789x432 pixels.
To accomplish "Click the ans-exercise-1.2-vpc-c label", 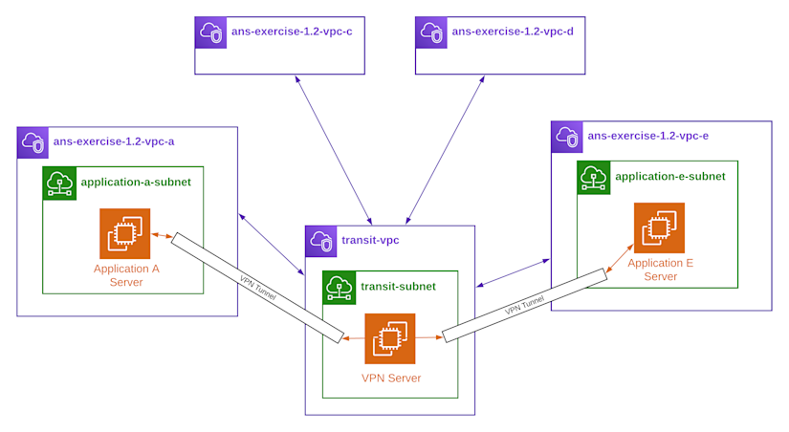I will pos(292,32).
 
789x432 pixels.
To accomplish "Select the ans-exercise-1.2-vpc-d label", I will pos(513,32).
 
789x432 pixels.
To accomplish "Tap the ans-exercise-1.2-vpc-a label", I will pos(114,141).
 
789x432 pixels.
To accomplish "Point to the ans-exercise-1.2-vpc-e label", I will pos(648,136).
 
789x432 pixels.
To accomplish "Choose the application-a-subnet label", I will pos(136,182).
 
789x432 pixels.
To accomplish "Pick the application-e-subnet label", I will pos(670,176).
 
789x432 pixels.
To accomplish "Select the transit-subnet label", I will pos(398,286).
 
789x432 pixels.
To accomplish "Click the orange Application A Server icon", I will pos(125,233).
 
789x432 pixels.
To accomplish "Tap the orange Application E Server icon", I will pos(659,227).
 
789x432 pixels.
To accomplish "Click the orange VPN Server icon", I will pos(390,338).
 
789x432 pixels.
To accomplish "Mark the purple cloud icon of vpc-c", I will pos(210,32).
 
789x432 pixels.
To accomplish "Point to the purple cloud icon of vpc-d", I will pos(431,32).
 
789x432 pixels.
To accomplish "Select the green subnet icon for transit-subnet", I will pos(340,287).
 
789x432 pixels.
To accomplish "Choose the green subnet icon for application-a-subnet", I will pos(59,183).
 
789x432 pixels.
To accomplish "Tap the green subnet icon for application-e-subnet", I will pos(594,177).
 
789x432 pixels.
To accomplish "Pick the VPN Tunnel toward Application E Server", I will pos(524,306).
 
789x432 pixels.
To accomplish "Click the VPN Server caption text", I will pos(391,378).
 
